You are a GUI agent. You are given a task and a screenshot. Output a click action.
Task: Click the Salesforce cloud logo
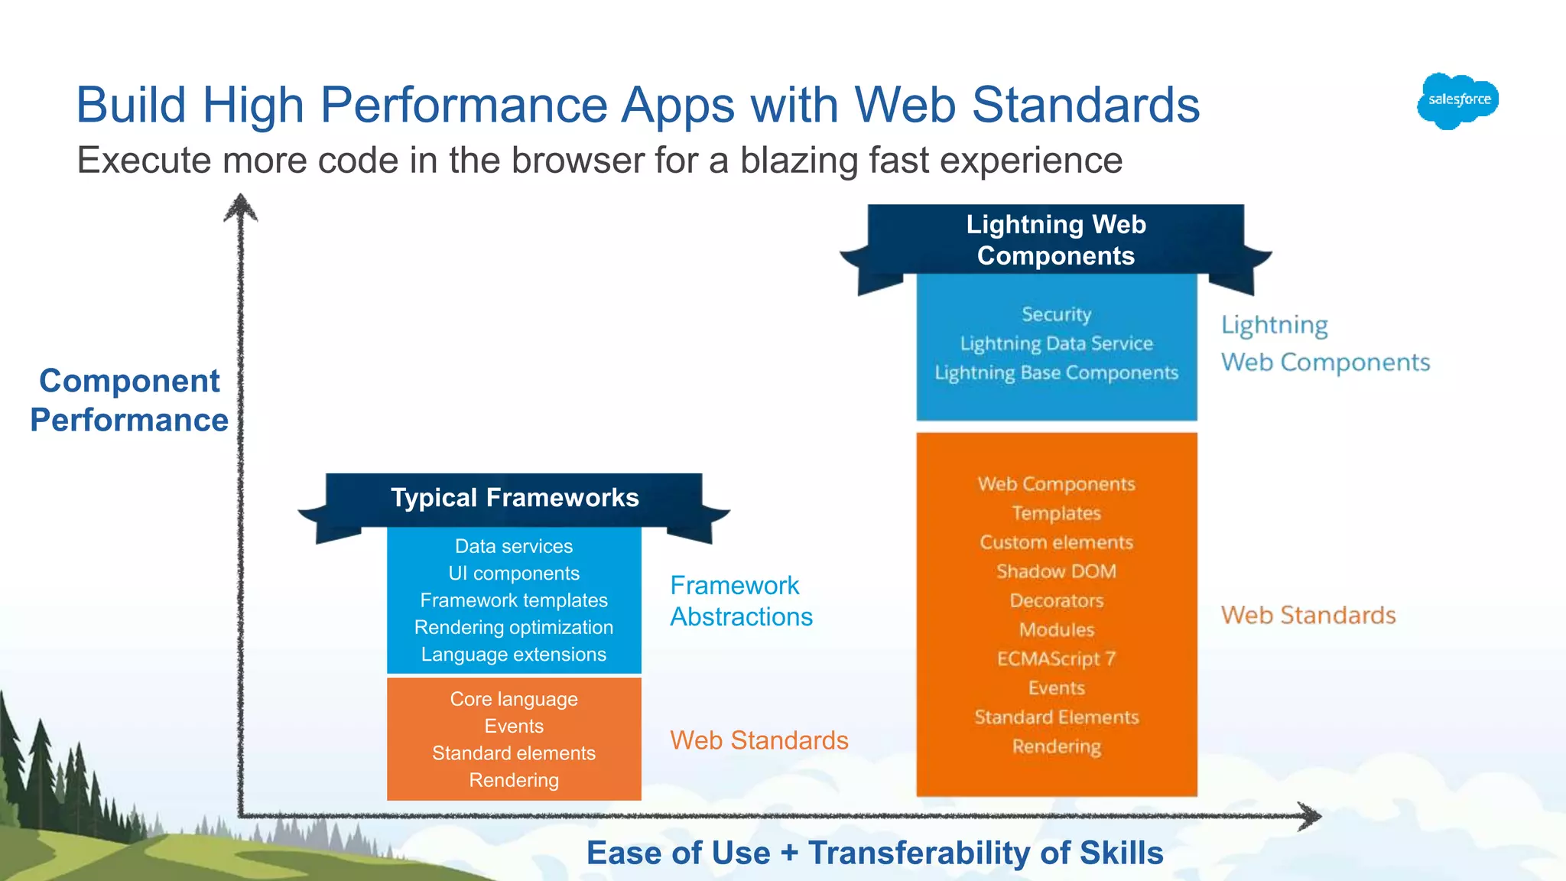click(1457, 100)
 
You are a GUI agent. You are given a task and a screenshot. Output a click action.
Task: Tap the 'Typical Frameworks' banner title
click(515, 498)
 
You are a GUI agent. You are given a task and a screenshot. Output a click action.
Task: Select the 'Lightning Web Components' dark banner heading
click(1055, 239)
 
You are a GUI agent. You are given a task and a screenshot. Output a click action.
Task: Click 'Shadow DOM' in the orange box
click(1056, 571)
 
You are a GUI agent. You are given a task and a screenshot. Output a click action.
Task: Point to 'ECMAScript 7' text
click(1056, 658)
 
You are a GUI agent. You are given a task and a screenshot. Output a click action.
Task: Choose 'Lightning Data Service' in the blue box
click(1056, 343)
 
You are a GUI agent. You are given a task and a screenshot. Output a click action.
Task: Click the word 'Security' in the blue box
click(1056, 314)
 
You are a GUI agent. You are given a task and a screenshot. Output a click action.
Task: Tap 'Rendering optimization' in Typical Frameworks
click(514, 627)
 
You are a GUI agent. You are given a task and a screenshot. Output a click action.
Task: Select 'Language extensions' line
click(514, 655)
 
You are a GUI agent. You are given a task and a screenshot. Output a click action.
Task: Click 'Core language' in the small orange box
click(514, 699)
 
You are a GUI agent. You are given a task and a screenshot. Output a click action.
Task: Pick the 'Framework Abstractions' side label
click(740, 601)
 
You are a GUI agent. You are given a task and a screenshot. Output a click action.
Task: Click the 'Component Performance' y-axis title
click(129, 400)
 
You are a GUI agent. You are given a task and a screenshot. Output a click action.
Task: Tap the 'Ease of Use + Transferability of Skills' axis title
click(874, 853)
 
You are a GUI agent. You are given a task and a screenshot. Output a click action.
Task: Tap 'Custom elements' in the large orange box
click(1056, 542)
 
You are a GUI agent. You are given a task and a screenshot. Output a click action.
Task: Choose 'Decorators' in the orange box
click(1056, 600)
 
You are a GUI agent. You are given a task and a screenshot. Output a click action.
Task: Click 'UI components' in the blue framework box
click(514, 574)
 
